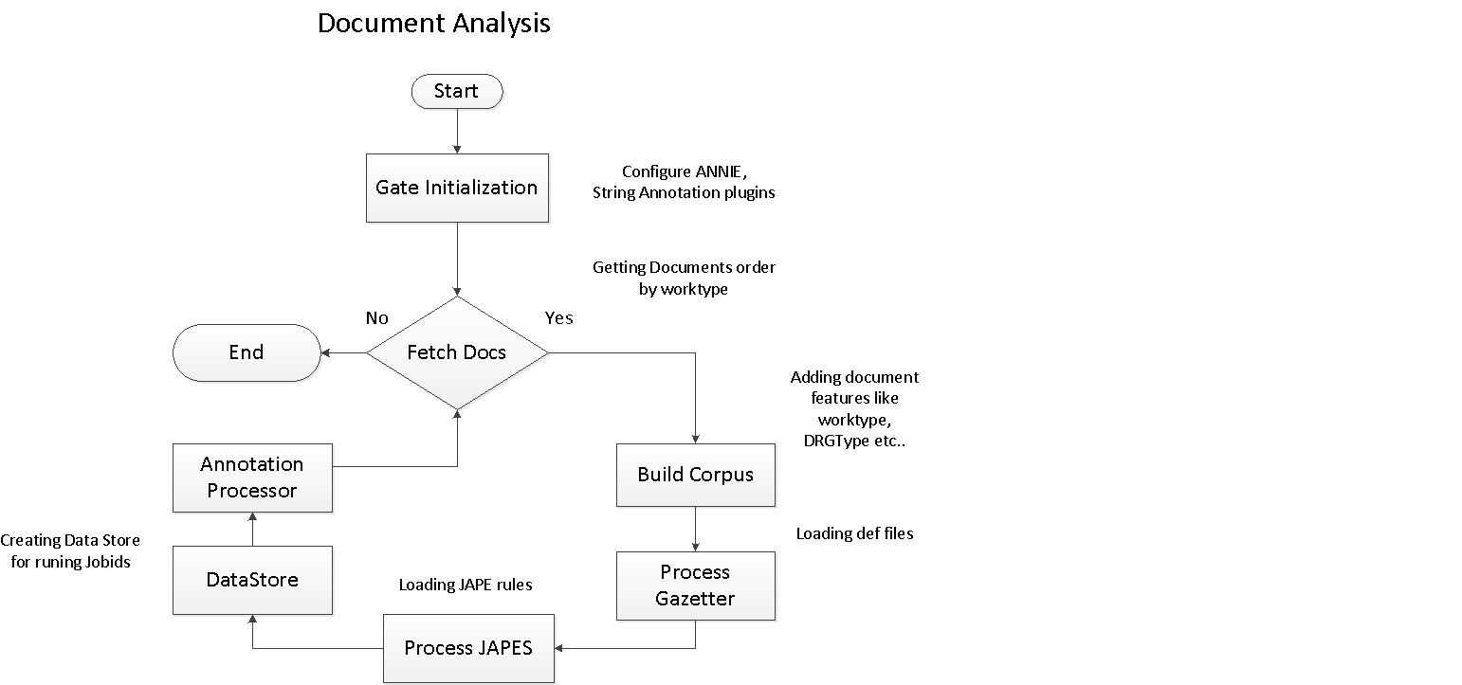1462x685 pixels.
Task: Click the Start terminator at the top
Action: click(x=456, y=92)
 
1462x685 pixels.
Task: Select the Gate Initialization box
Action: click(x=457, y=188)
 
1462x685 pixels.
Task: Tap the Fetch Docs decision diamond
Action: click(x=457, y=352)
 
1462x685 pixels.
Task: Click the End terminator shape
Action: click(x=247, y=352)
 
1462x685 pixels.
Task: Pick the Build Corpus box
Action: click(x=695, y=475)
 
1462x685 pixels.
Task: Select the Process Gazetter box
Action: click(x=695, y=586)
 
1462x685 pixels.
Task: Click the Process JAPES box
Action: click(x=468, y=648)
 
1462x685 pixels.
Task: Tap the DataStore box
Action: click(x=252, y=580)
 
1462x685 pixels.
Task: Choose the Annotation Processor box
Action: click(x=252, y=478)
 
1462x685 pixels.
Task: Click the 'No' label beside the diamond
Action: click(x=377, y=318)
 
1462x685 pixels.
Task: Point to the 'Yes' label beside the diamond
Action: click(x=558, y=318)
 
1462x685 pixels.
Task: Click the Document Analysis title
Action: click(x=433, y=24)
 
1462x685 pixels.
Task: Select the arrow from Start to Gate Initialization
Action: click(x=457, y=131)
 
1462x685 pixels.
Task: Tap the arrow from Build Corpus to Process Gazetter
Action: click(x=695, y=529)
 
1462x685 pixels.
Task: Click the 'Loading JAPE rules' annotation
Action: click(x=465, y=585)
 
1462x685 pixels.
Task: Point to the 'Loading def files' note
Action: click(x=854, y=533)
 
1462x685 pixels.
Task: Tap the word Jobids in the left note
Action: click(x=106, y=562)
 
